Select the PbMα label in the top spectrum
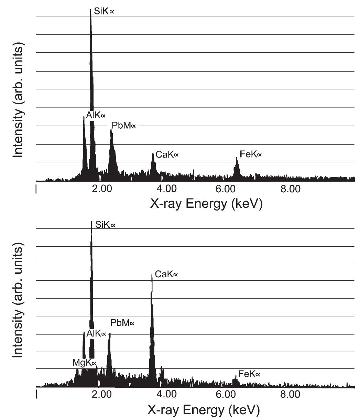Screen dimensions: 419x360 tap(123, 126)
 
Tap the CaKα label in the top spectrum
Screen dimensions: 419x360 tap(167, 155)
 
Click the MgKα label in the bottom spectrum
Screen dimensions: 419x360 tap(84, 363)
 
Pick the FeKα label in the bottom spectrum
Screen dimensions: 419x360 tap(249, 374)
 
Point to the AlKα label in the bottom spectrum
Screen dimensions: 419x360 tap(96, 333)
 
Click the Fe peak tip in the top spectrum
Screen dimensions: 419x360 tap(237, 158)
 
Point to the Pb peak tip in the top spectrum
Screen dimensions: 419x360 tap(111, 130)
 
